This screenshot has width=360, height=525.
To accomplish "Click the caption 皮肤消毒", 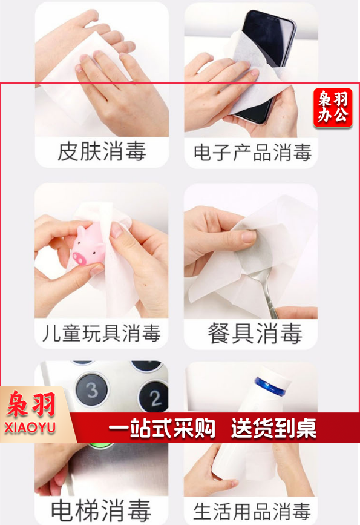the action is (102, 151).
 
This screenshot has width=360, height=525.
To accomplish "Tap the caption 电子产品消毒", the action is (252, 153).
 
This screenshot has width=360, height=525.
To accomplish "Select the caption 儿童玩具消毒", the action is (102, 333).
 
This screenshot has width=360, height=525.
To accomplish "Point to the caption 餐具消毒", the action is (255, 334).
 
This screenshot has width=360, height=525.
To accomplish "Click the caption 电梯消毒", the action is (100, 511).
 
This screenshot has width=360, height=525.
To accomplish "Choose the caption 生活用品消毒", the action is (252, 511).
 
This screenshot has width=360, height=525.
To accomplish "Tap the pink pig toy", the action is (88, 245).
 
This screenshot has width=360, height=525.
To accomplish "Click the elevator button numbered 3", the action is (92, 390).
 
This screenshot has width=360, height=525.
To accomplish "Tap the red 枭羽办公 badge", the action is (333, 108).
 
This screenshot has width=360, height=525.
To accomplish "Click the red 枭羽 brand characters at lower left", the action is (31, 404).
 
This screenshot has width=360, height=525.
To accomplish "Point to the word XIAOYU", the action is (30, 428).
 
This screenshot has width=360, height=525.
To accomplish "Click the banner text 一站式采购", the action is (162, 428).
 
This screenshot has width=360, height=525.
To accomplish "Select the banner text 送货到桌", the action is (273, 428).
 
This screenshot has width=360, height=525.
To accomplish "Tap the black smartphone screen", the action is (267, 40).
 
